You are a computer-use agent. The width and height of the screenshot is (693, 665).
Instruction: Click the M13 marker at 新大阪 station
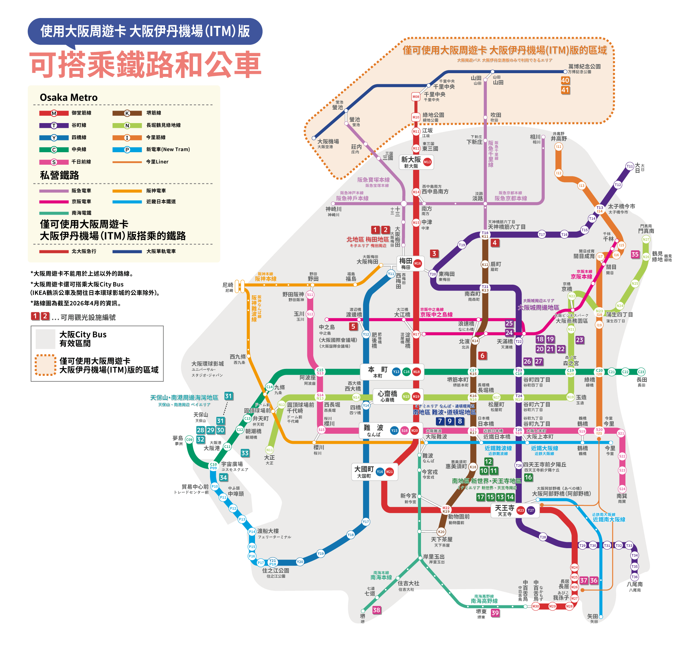pos(427,162)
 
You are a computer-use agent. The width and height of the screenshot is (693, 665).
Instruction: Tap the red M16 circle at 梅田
pos(418,263)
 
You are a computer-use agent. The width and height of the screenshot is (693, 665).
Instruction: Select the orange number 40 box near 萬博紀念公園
pos(565,80)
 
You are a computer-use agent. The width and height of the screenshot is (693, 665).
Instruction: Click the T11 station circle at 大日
pos(630,166)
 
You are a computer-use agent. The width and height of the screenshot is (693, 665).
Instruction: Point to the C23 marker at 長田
pos(641,372)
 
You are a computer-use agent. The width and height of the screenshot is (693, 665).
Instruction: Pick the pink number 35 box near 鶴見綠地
pos(635,254)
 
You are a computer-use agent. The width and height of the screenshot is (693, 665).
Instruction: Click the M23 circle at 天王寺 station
pos(520,510)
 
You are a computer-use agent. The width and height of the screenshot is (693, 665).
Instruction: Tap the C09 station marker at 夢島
pos(190,440)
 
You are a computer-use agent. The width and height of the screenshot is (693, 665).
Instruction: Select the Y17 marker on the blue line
pos(366,522)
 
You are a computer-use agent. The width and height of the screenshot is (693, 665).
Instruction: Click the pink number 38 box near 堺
pos(377,610)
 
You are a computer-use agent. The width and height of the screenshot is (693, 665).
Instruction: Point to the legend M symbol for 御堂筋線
pos(54,113)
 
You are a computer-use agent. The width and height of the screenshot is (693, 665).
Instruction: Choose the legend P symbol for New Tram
pos(127,150)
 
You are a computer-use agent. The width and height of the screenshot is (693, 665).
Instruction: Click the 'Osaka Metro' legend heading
pos(69,97)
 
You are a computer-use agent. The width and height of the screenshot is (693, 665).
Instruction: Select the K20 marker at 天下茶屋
pos(441,532)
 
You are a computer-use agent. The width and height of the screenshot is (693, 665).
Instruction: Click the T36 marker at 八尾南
pos(635,577)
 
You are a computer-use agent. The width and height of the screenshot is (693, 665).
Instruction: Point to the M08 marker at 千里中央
pos(416,97)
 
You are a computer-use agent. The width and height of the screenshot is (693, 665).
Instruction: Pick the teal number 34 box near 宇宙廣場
pos(223,477)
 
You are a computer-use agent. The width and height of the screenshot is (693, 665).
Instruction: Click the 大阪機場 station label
pos(328,141)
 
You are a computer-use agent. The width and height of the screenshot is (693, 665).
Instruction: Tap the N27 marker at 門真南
pos(646,240)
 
